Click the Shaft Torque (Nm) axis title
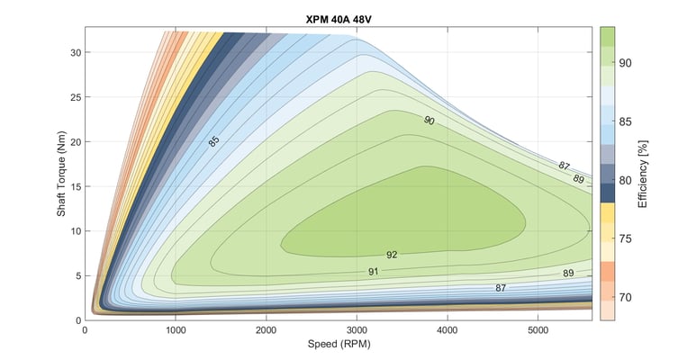[59, 173]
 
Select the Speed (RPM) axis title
[339, 345]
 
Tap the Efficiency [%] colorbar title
[643, 173]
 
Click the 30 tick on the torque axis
[75, 52]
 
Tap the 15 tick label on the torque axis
[75, 186]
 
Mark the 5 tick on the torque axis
[77, 275]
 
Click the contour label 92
[392, 255]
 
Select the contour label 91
[374, 271]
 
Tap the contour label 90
[429, 120]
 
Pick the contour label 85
[213, 141]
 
